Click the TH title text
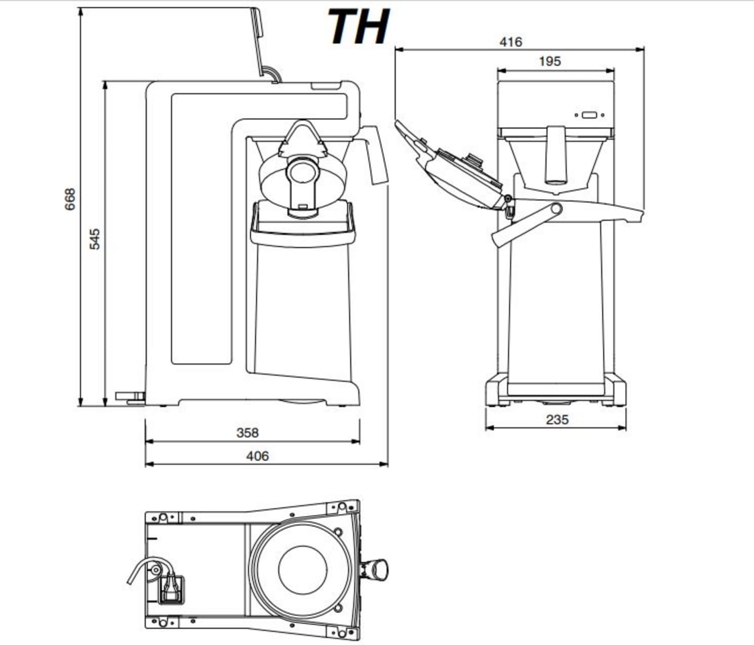(x=359, y=26)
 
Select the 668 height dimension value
(x=70, y=199)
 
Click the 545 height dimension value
(x=94, y=239)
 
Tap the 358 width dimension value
(x=247, y=433)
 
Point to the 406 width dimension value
(x=258, y=456)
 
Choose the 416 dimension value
(x=511, y=42)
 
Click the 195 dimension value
(x=550, y=61)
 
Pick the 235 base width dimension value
(x=557, y=420)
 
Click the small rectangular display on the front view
(x=589, y=115)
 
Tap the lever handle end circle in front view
(x=556, y=209)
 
